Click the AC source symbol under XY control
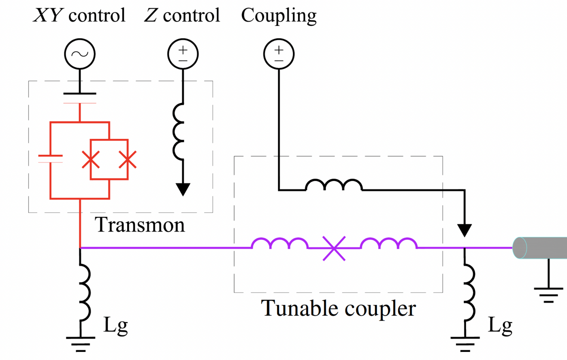pyautogui.click(x=80, y=54)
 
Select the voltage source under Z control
pyautogui.click(x=183, y=54)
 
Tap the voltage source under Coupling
pyautogui.click(x=279, y=54)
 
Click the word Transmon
pyautogui.click(x=140, y=225)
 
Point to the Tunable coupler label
pyautogui.click(x=338, y=309)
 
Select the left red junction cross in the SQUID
pyautogui.click(x=91, y=160)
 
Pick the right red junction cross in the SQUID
pyautogui.click(x=128, y=160)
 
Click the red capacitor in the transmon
pyautogui.click(x=50, y=158)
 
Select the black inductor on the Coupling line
pyautogui.click(x=334, y=185)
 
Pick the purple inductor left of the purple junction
pyautogui.click(x=279, y=244)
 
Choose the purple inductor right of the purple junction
pyautogui.click(x=388, y=244)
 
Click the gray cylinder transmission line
pyautogui.click(x=541, y=248)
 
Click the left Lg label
pyautogui.click(x=116, y=325)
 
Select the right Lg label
pyautogui.click(x=500, y=325)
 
